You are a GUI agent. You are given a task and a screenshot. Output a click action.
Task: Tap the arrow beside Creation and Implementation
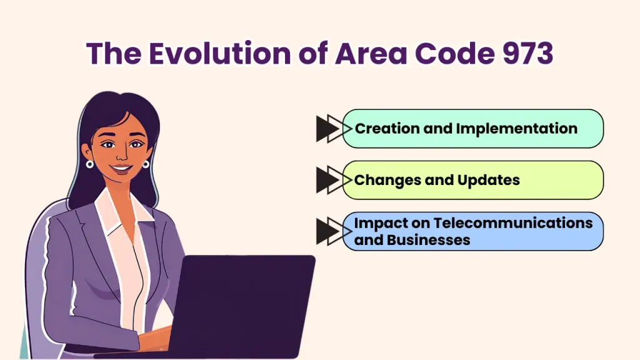330,129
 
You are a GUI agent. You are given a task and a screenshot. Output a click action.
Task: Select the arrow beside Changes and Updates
330,180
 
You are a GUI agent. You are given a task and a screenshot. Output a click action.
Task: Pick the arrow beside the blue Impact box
330,231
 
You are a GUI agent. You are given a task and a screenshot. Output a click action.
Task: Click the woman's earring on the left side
90,164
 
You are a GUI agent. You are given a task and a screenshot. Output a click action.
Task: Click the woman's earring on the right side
146,164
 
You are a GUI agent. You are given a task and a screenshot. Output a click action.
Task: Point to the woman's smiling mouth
121,169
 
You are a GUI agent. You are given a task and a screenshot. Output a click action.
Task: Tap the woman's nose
121,156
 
